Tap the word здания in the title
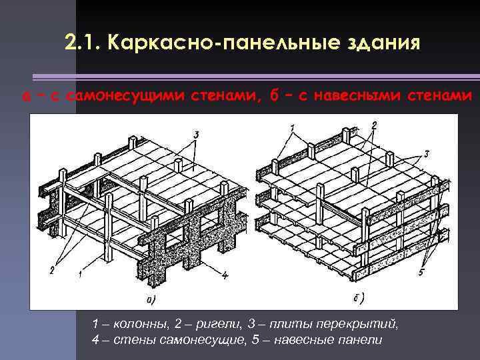coord(386,44)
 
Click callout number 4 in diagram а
coord(225,275)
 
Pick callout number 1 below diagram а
coord(79,273)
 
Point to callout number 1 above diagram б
coord(292,128)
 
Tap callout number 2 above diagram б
coord(374,125)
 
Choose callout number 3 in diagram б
coord(426,154)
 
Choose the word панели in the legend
coord(363,340)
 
